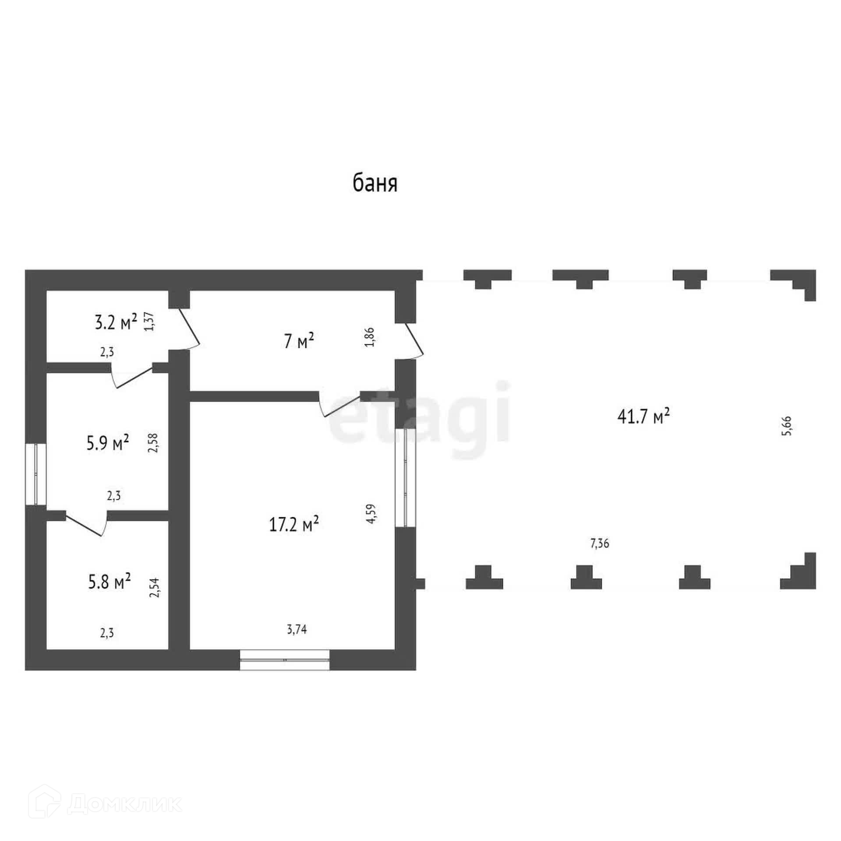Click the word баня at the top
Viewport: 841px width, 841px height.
click(x=375, y=184)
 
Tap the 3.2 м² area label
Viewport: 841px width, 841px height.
click(x=116, y=323)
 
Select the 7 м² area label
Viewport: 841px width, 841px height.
click(x=299, y=340)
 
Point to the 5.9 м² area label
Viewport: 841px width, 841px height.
click(x=108, y=443)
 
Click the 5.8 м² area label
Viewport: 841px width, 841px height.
click(x=109, y=582)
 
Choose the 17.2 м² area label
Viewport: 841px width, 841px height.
click(x=293, y=524)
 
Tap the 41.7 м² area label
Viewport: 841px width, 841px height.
click(x=643, y=417)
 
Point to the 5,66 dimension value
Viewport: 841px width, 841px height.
click(x=787, y=425)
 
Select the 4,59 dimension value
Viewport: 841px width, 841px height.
click(x=371, y=514)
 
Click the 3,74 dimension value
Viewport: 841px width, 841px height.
click(x=297, y=629)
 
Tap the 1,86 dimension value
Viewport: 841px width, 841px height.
click(x=370, y=337)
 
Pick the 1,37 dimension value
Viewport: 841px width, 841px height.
click(x=149, y=321)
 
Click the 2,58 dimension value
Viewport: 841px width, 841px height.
click(x=153, y=442)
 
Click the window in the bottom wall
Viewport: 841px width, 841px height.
click(x=285, y=660)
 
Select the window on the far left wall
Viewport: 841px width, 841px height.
click(x=35, y=474)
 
